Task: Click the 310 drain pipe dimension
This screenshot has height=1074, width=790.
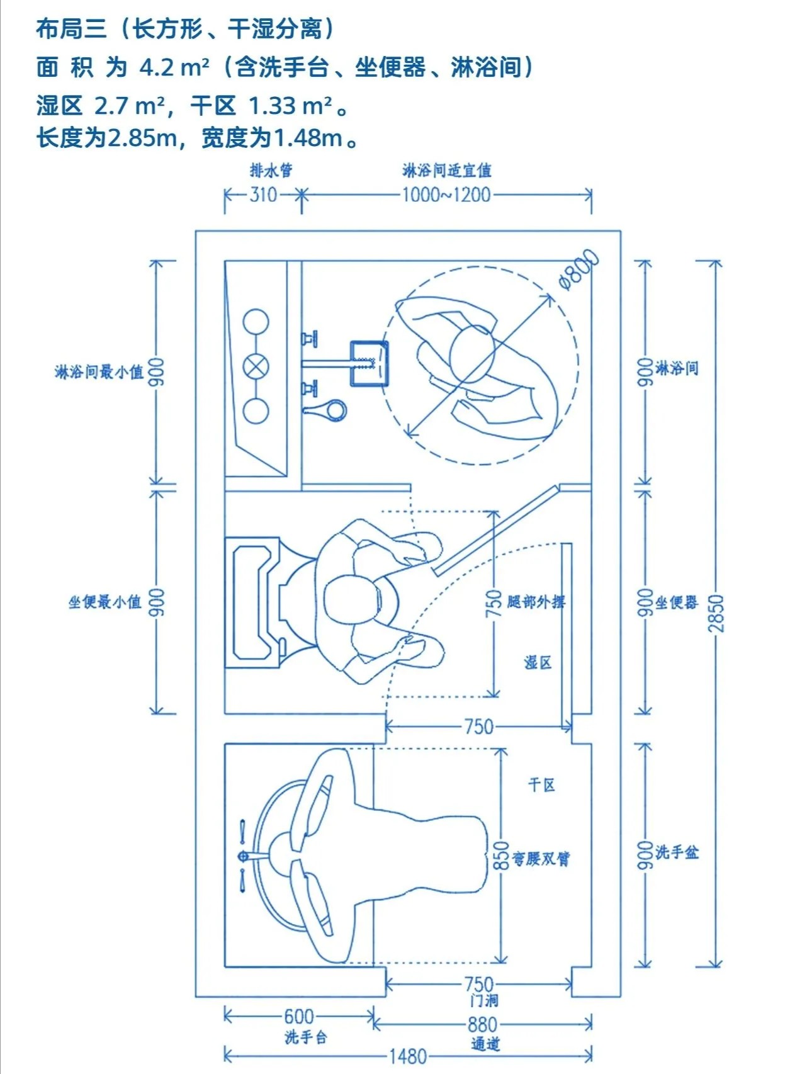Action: (x=262, y=195)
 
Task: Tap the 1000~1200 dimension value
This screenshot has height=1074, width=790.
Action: (x=446, y=195)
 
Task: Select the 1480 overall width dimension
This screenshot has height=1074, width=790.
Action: (x=408, y=1056)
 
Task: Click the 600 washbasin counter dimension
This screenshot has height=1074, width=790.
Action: (x=298, y=1016)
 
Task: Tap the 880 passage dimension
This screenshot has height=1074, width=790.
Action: (x=482, y=1025)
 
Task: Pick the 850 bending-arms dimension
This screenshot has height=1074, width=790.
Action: (x=501, y=856)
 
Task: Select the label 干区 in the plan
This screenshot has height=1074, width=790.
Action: (x=541, y=784)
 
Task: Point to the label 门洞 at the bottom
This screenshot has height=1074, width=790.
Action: (x=483, y=1000)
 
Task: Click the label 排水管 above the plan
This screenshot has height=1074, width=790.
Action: (x=271, y=170)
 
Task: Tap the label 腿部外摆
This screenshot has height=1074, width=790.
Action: (x=536, y=602)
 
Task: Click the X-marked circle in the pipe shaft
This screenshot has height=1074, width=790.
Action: (x=256, y=366)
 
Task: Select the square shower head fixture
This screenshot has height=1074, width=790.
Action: (x=369, y=363)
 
